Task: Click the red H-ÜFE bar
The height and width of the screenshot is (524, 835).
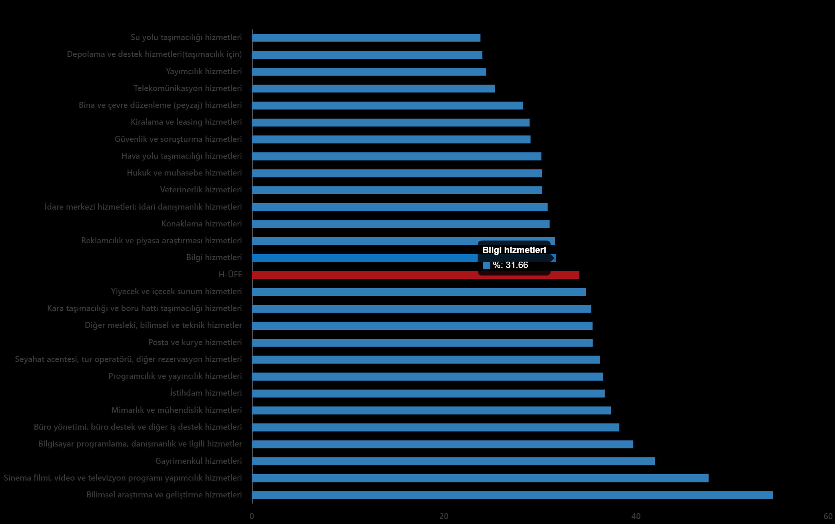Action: (x=415, y=275)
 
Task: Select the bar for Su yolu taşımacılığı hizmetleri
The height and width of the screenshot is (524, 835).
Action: (x=366, y=38)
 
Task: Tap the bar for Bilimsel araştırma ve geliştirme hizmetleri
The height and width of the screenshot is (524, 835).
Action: (x=512, y=495)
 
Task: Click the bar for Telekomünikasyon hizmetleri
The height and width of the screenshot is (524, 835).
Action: (x=373, y=89)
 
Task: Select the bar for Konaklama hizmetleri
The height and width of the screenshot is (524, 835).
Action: (x=401, y=224)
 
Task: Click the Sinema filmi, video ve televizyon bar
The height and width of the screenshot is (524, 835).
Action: (x=480, y=478)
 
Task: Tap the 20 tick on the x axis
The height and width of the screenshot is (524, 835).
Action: (x=444, y=517)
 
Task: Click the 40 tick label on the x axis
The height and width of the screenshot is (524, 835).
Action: (x=636, y=517)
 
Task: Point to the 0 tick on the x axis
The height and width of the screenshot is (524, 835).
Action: (x=252, y=517)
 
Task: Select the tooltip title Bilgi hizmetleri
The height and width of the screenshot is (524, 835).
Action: (x=514, y=250)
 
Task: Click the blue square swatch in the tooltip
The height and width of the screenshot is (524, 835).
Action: (x=486, y=266)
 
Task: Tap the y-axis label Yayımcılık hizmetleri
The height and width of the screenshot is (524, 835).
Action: (x=204, y=71)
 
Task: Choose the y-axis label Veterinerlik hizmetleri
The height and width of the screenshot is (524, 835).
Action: (x=201, y=190)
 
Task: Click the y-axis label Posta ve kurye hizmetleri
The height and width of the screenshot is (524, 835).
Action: (x=195, y=342)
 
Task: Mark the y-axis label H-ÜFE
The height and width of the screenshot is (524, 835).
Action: (x=230, y=275)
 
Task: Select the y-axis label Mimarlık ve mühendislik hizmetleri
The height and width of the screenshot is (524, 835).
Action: (x=176, y=410)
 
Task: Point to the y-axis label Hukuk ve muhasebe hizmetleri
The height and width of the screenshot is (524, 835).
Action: (x=184, y=173)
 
